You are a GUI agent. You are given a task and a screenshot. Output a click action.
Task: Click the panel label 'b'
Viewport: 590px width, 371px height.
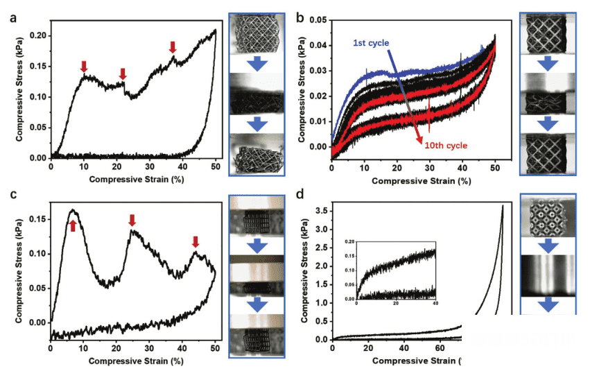coord(300,19)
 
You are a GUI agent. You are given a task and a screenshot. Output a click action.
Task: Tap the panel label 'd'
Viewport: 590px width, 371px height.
coord(300,196)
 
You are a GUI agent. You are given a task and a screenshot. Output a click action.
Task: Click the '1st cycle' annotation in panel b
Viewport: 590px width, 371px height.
coord(371,44)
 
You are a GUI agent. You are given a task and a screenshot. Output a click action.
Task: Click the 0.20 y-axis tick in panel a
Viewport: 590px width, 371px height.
coord(39,35)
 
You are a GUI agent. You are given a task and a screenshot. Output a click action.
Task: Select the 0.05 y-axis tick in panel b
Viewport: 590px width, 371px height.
coord(319,21)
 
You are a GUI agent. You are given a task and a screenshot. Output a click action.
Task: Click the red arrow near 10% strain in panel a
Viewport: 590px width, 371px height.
coord(84,67)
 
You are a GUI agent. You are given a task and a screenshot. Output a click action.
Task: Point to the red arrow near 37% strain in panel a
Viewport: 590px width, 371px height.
coord(173,47)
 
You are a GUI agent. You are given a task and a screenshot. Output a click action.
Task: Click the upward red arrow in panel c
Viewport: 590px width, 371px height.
coord(72,225)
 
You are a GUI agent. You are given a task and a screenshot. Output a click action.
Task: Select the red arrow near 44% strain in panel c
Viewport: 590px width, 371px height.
coord(196,241)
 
